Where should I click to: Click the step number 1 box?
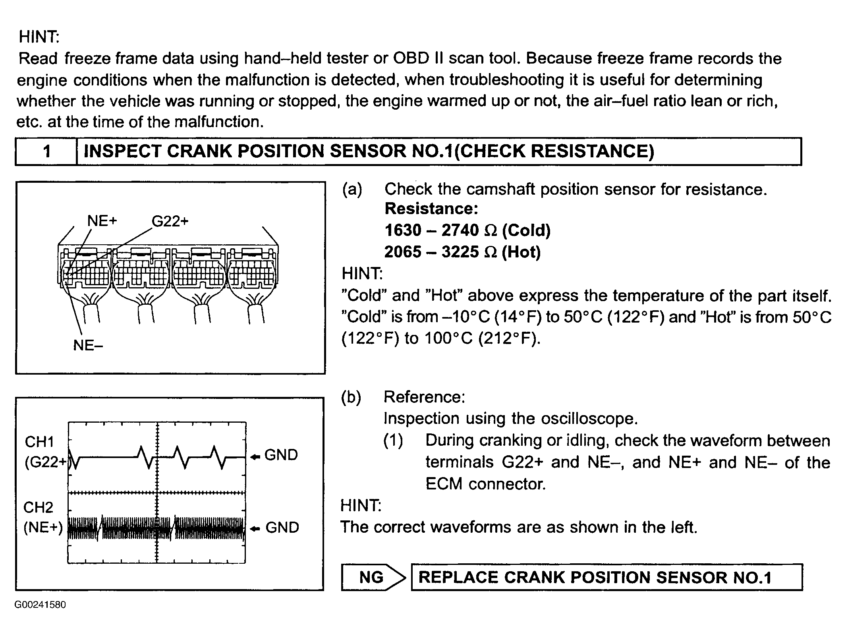click(46, 151)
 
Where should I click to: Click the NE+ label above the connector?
click(102, 221)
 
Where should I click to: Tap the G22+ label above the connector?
click(170, 221)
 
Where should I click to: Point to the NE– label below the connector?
click(88, 345)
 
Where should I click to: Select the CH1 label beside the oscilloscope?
click(39, 442)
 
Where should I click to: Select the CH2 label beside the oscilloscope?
click(38, 507)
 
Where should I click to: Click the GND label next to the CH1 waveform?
click(281, 455)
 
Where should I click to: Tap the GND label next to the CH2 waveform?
click(282, 528)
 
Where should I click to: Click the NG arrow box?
click(372, 577)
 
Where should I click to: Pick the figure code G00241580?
click(40, 605)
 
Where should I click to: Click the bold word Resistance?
click(431, 209)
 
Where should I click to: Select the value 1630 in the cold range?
click(403, 230)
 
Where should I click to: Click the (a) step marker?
click(352, 189)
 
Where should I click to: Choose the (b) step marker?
click(351, 397)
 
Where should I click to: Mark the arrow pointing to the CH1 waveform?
click(255, 457)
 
